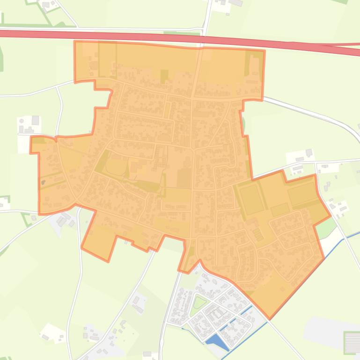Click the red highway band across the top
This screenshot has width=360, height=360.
click(140, 36)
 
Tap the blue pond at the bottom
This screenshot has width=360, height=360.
click(216, 341)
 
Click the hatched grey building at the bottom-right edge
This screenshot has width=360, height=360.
click(352, 342)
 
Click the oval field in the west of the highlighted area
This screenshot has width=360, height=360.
click(115, 166)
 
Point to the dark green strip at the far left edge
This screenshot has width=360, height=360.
click(1, 56)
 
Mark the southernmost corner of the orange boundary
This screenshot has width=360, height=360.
click(269, 319)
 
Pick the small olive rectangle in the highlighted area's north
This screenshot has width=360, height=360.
click(164, 76)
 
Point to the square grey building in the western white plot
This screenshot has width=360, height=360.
click(35, 121)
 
